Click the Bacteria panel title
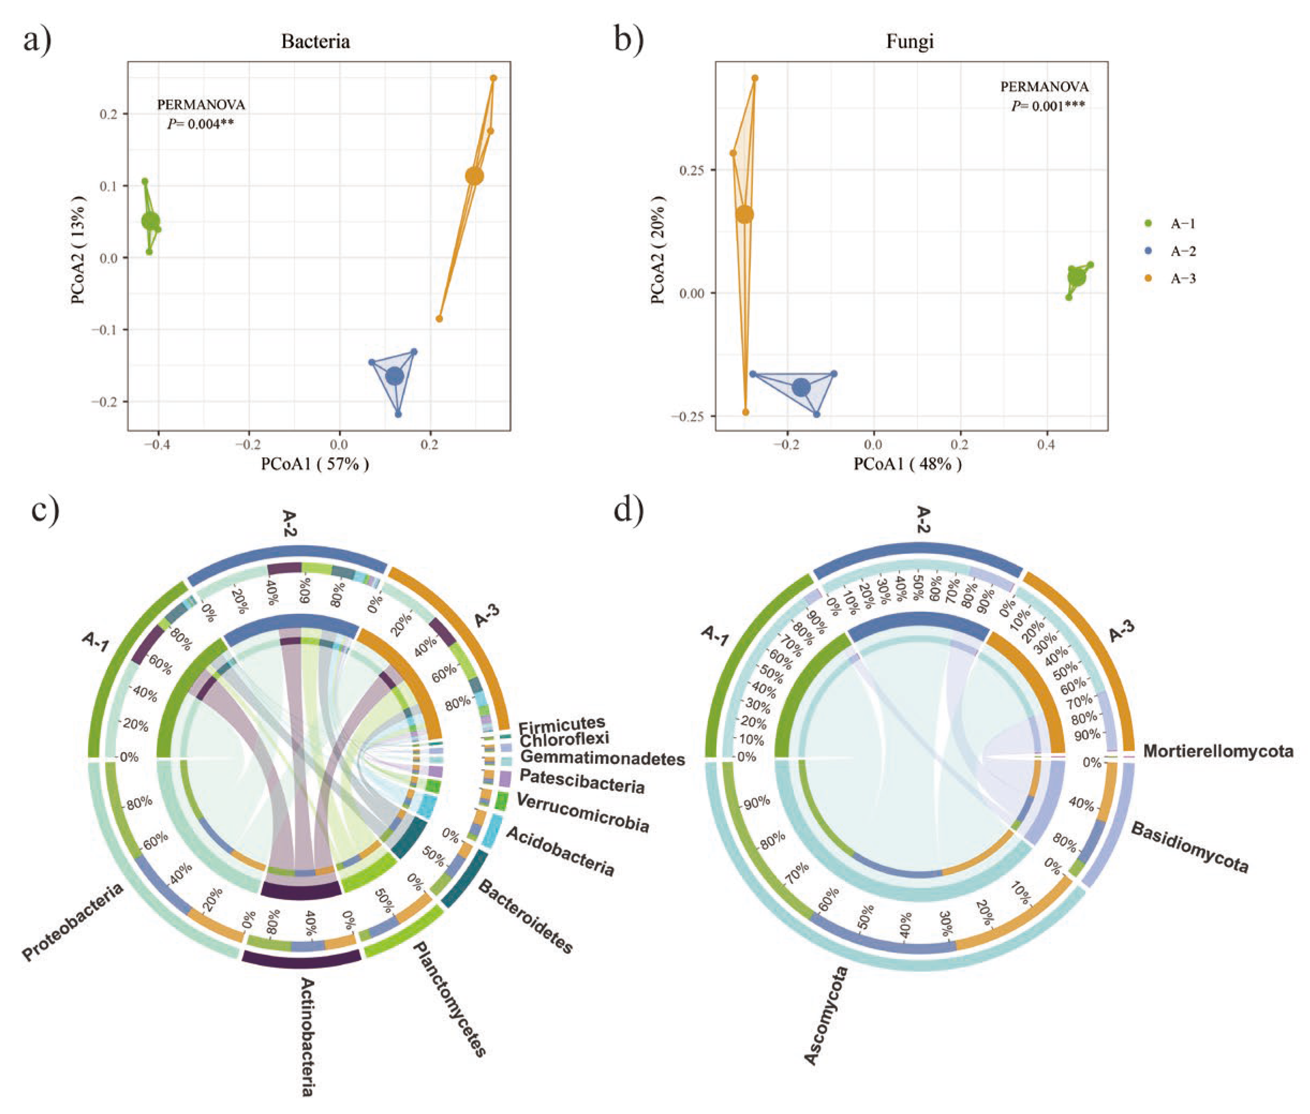click(315, 42)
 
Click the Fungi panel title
click(909, 42)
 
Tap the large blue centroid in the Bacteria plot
click(395, 376)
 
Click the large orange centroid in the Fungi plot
click(745, 215)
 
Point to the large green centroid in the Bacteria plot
click(150, 221)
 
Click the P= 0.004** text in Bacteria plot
click(201, 124)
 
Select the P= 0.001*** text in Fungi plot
click(1048, 106)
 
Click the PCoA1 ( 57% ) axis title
click(315, 464)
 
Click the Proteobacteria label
click(72, 922)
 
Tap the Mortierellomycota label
click(1218, 752)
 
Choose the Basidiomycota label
click(1189, 847)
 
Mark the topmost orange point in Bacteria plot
click(493, 78)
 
